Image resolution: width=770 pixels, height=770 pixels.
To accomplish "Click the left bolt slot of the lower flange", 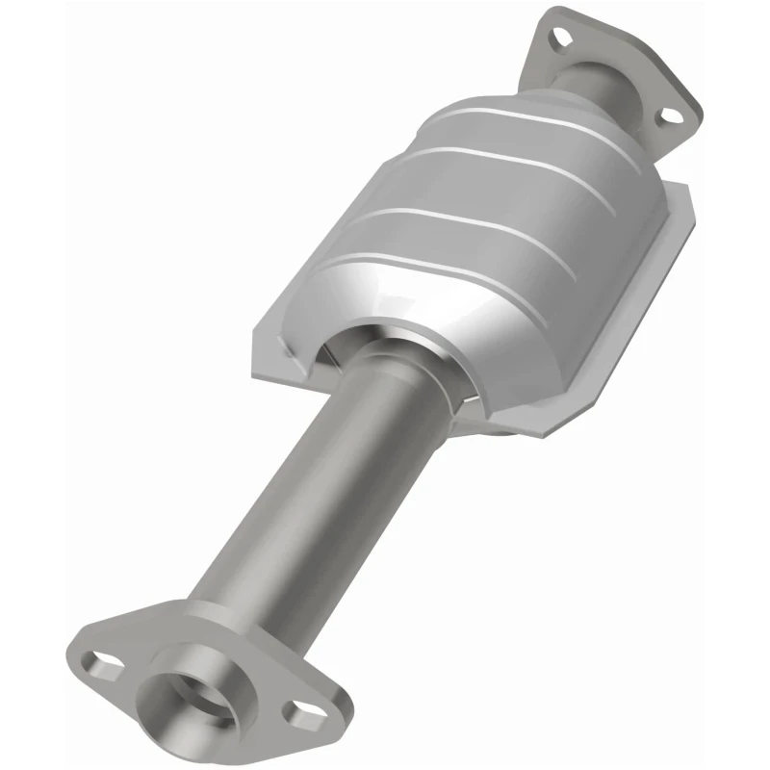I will click(x=100, y=663).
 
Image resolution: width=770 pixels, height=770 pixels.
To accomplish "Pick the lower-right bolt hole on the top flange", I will click(x=664, y=116).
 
